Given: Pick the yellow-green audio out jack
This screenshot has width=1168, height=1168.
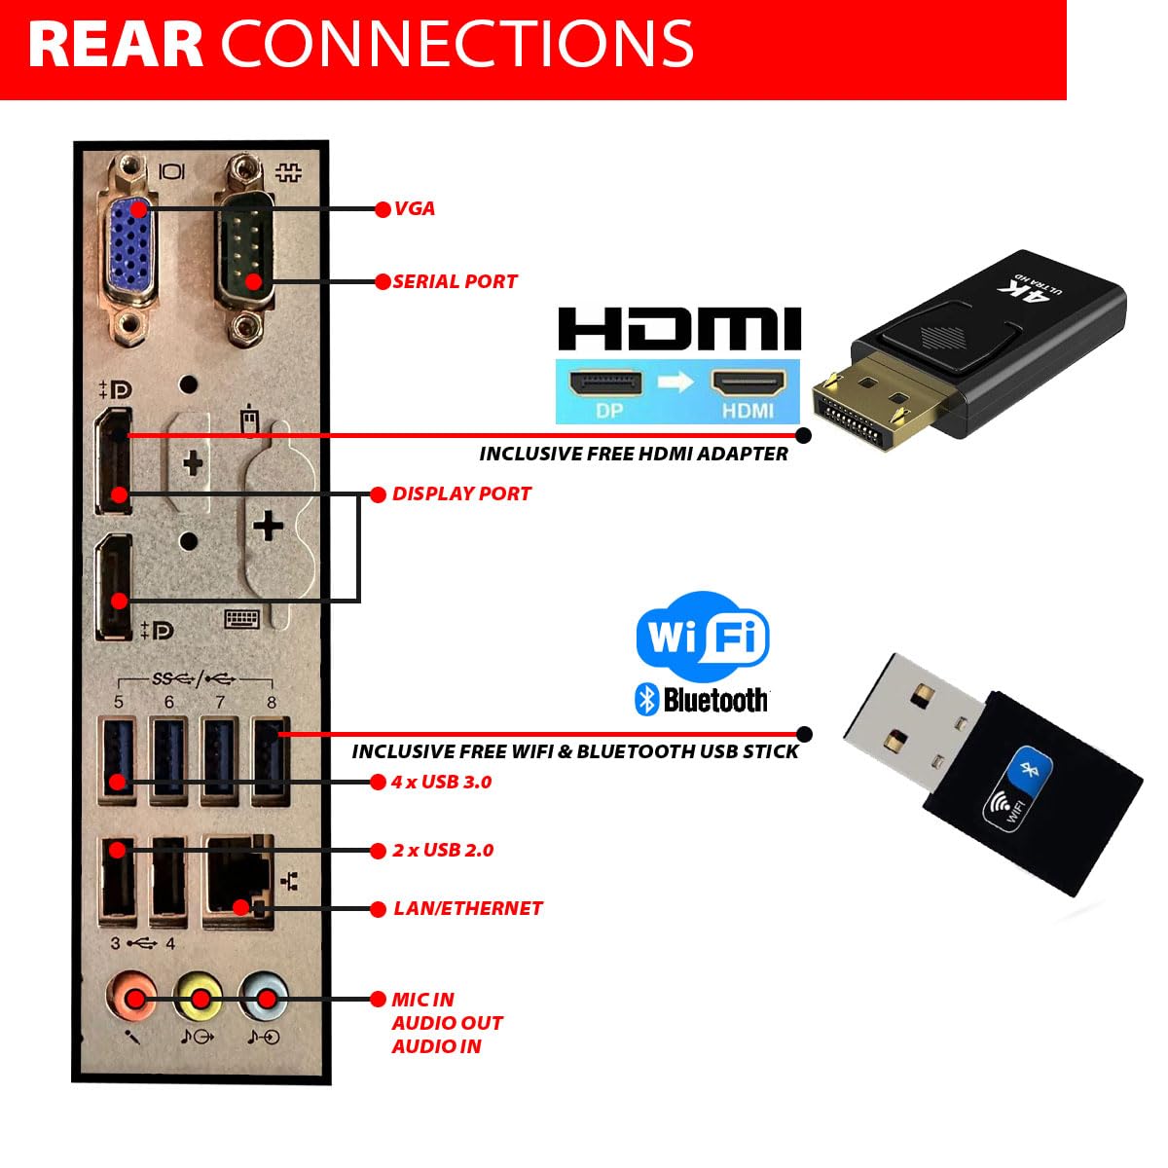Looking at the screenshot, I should (199, 998).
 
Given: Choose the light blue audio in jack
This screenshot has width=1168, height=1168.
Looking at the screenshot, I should (264, 998).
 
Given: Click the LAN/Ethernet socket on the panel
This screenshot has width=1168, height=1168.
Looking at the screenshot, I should (237, 881).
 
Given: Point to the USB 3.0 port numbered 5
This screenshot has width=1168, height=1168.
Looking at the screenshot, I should (118, 760).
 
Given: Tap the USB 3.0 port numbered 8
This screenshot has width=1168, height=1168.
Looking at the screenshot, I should (271, 760).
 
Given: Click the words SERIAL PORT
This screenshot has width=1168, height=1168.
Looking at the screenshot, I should (455, 281).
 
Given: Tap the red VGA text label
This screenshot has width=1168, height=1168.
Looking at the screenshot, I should (415, 208).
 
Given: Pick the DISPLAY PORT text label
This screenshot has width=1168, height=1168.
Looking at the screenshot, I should (461, 493).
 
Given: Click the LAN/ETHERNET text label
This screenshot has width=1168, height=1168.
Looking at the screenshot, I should (467, 908).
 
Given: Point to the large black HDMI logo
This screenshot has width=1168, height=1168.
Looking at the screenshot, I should (678, 329).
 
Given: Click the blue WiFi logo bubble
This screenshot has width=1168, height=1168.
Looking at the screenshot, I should (702, 638).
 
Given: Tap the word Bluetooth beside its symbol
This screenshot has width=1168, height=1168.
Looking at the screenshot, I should (715, 700).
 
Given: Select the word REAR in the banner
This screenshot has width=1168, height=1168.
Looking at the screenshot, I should (115, 44).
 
